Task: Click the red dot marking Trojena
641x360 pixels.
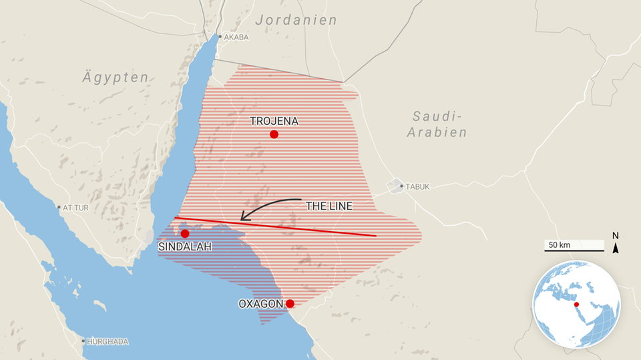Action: pyautogui.click(x=274, y=134)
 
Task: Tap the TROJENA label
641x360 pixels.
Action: pyautogui.click(x=274, y=121)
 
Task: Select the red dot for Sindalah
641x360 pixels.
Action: pyautogui.click(x=185, y=234)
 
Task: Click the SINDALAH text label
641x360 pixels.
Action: pyautogui.click(x=185, y=247)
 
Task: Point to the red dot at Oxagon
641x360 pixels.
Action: pyautogui.click(x=290, y=304)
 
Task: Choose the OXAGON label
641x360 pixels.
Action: pyautogui.click(x=261, y=304)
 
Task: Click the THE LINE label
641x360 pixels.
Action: pyautogui.click(x=329, y=206)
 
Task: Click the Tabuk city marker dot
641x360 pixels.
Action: pyautogui.click(x=401, y=186)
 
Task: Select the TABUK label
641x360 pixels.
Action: pyautogui.click(x=417, y=187)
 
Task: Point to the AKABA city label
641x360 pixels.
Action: pyautogui.click(x=236, y=37)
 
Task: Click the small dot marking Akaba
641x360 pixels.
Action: pyautogui.click(x=220, y=37)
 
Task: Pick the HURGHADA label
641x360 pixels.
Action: pyautogui.click(x=108, y=341)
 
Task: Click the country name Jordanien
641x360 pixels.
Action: pyautogui.click(x=296, y=20)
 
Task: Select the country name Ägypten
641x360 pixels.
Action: pyautogui.click(x=115, y=77)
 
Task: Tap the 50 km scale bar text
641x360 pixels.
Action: pyautogui.click(x=559, y=245)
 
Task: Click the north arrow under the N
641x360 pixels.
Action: pyautogui.click(x=616, y=248)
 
